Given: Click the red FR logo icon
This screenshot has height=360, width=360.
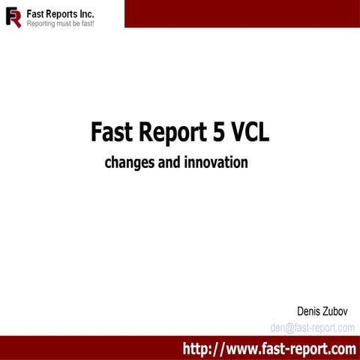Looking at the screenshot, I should click(13, 17).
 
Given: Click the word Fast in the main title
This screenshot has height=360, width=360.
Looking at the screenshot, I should click(110, 132).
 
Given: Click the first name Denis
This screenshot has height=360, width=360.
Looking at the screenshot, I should click(310, 311).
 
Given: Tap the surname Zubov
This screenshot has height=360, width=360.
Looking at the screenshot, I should click(340, 311).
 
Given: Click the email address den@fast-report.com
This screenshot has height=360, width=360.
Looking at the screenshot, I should click(312, 327).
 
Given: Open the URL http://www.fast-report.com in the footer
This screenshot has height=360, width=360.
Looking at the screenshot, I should click(269, 348).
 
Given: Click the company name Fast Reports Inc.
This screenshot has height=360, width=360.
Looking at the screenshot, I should click(60, 13).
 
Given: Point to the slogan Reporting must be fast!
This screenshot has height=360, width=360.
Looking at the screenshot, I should click(60, 23).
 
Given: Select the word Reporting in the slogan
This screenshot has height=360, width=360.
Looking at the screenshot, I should click(43, 23).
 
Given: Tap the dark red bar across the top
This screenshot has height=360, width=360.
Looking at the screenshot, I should click(240, 13).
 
